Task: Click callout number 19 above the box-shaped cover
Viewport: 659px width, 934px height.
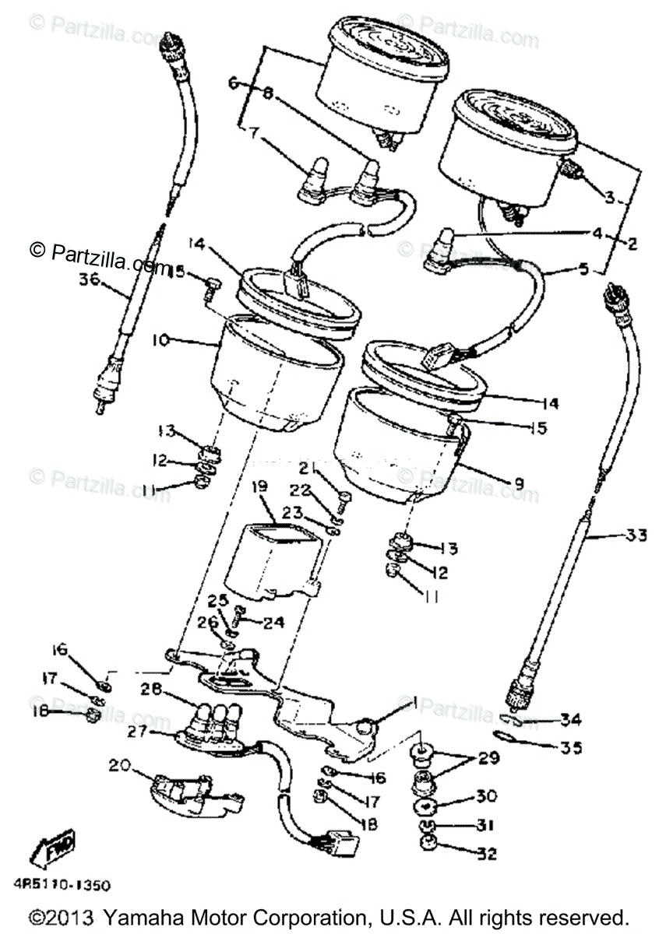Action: tap(260, 486)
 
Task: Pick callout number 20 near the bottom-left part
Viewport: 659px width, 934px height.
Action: tap(119, 766)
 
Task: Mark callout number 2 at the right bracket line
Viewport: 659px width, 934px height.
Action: tap(632, 244)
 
